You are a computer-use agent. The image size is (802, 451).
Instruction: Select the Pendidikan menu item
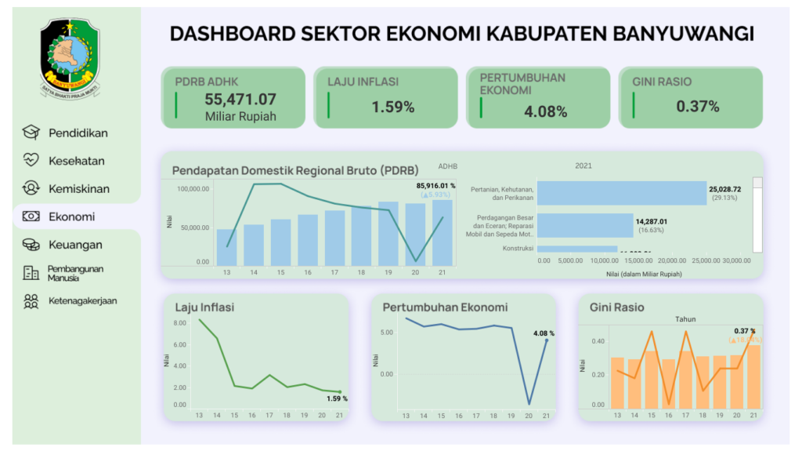point(78,133)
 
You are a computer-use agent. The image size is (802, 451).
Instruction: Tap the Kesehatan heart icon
point(31,161)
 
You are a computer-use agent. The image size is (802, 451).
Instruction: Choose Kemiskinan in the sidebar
point(78,189)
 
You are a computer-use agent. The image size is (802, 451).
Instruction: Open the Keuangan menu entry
point(75,245)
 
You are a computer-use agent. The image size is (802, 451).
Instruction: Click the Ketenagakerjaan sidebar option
point(82,300)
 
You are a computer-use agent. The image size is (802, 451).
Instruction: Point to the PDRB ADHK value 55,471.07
point(240,100)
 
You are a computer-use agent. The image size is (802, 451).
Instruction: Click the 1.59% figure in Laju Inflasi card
point(393,107)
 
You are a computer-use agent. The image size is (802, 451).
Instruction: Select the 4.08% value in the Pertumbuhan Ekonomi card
point(545,112)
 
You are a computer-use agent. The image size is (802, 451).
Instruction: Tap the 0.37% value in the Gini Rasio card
point(697,107)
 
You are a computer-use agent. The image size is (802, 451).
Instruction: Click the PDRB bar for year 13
point(226,247)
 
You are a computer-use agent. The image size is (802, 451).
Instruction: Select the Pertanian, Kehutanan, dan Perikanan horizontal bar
point(621,194)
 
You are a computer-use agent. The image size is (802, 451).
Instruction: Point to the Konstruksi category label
point(518,249)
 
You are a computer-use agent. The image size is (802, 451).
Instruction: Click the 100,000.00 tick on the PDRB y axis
point(192,189)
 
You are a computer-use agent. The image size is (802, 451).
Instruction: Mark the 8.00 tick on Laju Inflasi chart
point(179,322)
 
